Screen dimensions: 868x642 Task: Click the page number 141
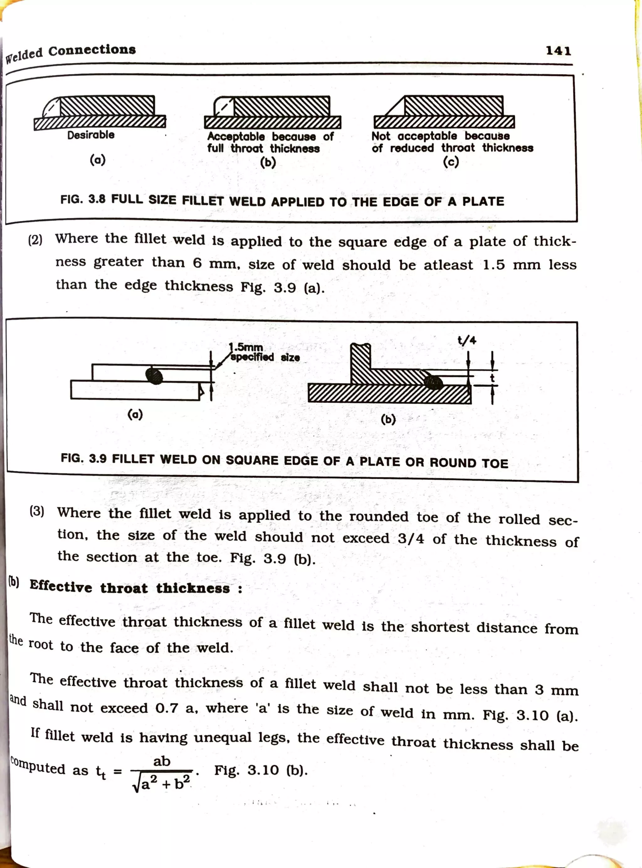pyautogui.click(x=558, y=51)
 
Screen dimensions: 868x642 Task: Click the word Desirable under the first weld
pyautogui.click(x=91, y=135)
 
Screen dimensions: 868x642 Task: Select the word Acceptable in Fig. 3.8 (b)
pyautogui.click(x=236, y=136)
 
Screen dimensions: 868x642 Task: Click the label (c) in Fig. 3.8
pyautogui.click(x=451, y=161)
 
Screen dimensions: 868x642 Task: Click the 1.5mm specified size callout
pyautogui.click(x=264, y=352)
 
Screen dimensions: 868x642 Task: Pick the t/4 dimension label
pyautogui.click(x=467, y=341)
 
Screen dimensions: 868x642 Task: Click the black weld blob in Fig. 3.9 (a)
pyautogui.click(x=154, y=376)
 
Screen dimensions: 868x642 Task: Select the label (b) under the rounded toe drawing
pyautogui.click(x=388, y=419)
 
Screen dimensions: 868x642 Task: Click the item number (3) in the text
pyautogui.click(x=37, y=511)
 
